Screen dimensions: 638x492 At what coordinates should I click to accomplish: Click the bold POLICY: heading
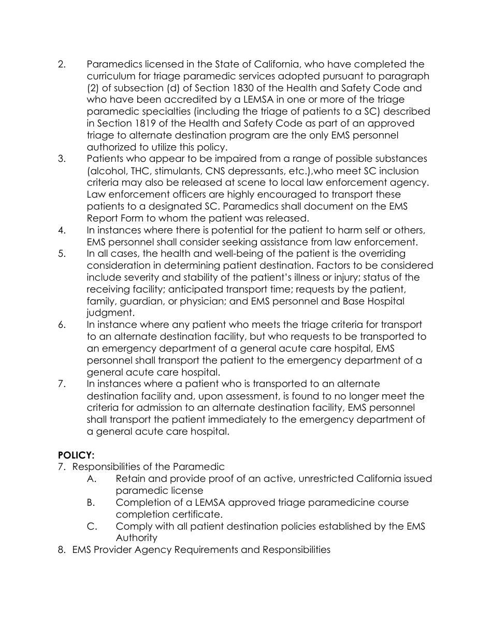coord(76,455)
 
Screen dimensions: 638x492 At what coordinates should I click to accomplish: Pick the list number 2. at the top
coord(62,64)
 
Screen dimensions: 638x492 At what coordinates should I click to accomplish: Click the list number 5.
coord(62,254)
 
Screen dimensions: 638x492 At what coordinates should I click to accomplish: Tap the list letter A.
coord(92,479)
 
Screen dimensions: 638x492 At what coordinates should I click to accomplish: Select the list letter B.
coord(91,503)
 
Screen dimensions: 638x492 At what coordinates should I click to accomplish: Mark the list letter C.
coord(92,526)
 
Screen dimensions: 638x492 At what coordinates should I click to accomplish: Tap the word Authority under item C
coord(136,538)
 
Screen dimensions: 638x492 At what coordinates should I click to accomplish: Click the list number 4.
coord(62,230)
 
